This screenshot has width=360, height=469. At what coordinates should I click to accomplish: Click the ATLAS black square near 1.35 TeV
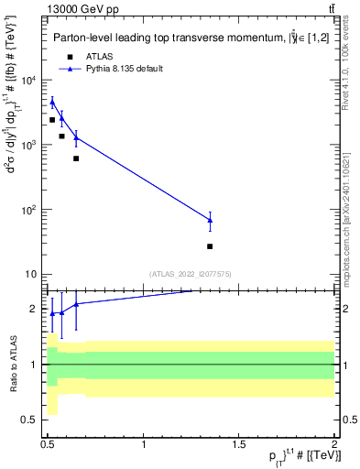click(x=210, y=246)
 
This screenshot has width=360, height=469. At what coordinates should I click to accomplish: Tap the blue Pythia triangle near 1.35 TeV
click(x=210, y=220)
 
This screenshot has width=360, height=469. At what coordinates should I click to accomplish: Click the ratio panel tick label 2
click(x=34, y=309)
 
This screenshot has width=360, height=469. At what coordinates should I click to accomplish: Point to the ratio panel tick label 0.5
click(x=30, y=420)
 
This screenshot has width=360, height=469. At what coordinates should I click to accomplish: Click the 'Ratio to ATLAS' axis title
click(x=12, y=365)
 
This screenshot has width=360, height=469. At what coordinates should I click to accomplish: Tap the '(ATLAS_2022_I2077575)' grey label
click(x=191, y=273)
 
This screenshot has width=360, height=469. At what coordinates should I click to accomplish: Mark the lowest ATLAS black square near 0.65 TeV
click(x=76, y=158)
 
